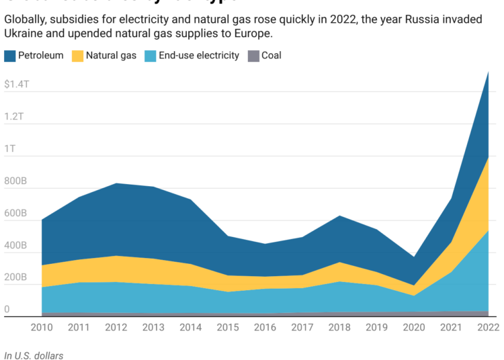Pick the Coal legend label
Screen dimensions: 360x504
click(271, 56)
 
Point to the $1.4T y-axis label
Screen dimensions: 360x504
click(17, 85)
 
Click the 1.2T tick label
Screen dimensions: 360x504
click(13, 116)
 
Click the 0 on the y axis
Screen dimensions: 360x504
click(7, 310)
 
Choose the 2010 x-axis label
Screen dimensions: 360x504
click(42, 327)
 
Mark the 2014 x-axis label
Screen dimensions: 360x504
click(190, 327)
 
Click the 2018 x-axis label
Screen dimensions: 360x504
click(339, 327)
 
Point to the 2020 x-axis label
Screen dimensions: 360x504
click(413, 327)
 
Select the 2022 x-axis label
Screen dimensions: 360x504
click(487, 327)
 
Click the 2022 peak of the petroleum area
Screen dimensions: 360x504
click(487, 72)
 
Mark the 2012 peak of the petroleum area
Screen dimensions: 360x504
click(116, 183)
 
